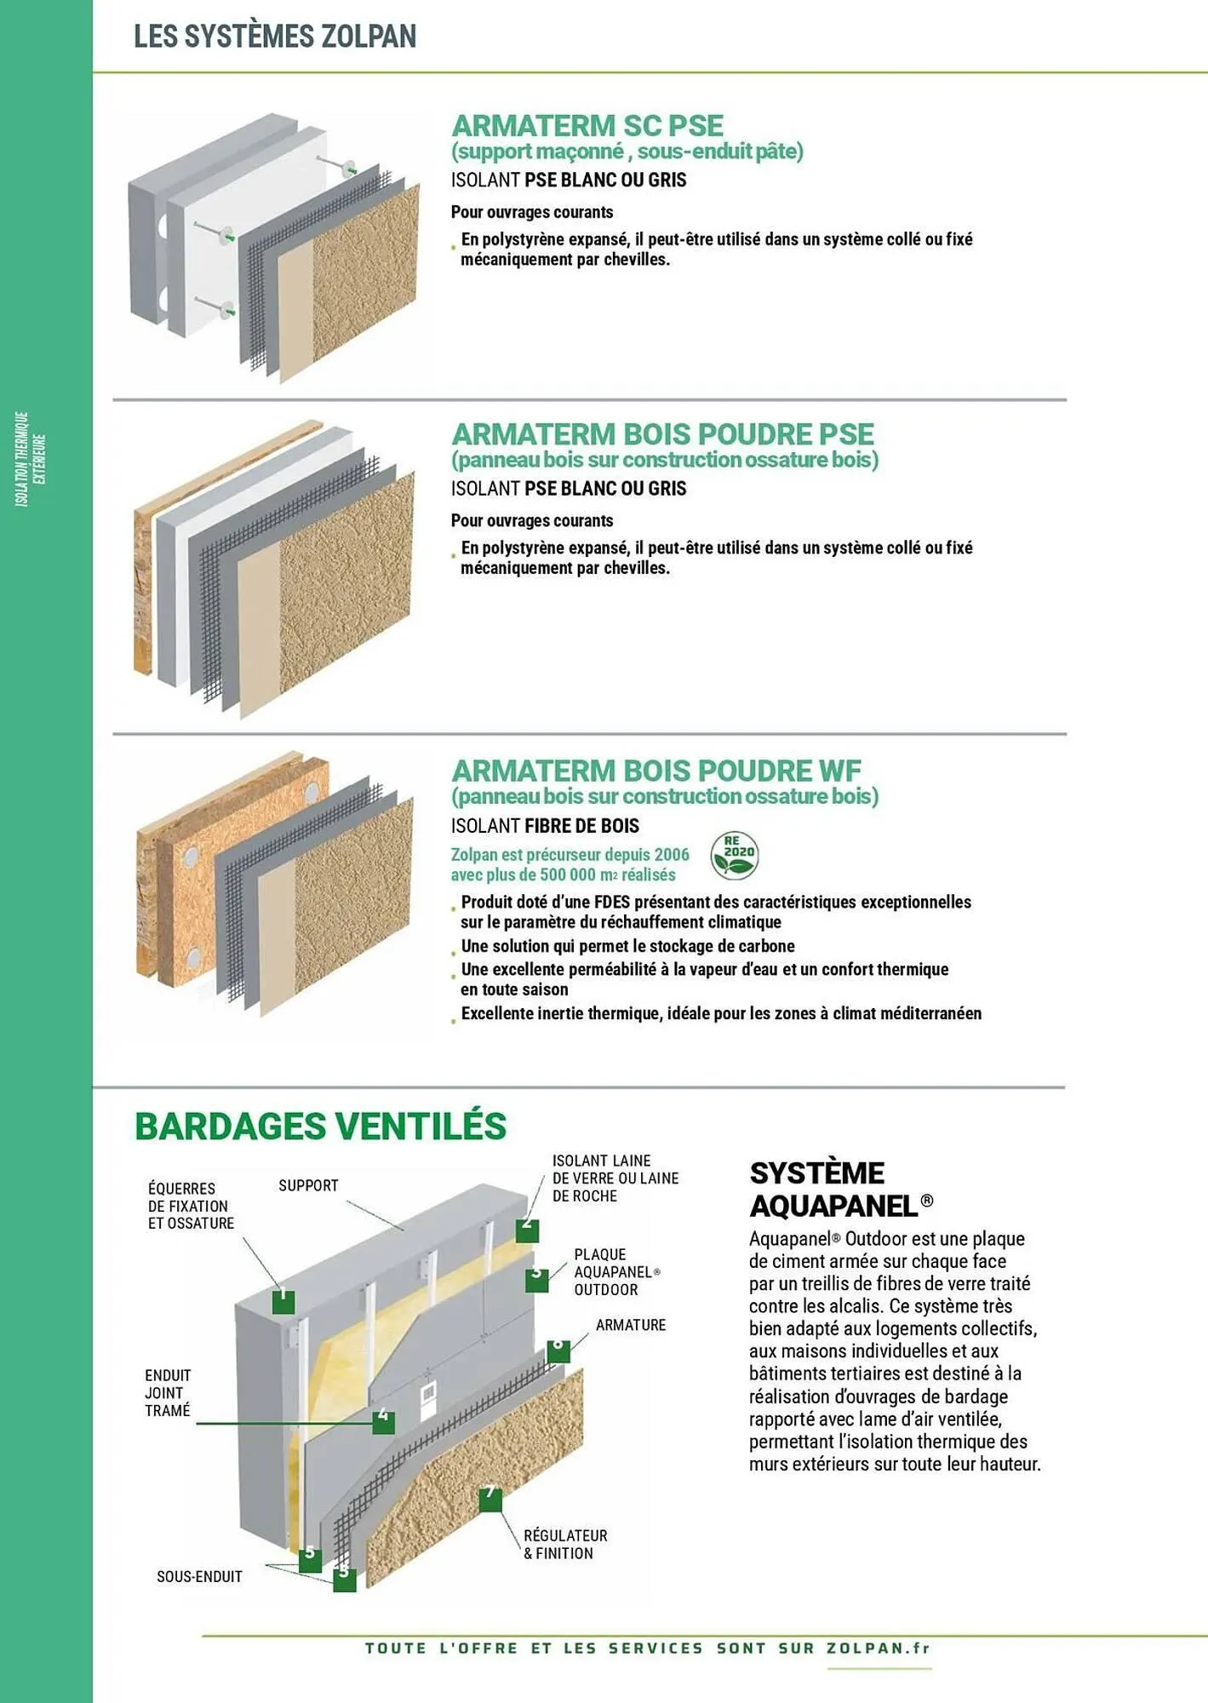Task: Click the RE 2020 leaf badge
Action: coord(734,855)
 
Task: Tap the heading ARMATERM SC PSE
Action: coord(587,125)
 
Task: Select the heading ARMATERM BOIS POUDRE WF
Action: coord(656,771)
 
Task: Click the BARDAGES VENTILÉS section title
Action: coord(320,1126)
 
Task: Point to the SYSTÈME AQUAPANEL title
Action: coord(841,1189)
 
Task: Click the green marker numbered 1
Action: coord(283,1301)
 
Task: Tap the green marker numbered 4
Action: coord(384,1421)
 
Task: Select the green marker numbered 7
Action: coord(490,1499)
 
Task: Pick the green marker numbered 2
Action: coord(527,1230)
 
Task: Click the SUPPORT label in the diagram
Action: coord(308,1185)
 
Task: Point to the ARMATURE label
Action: coord(631,1325)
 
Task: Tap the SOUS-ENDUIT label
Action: coord(199,1577)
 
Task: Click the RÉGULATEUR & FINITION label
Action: coord(565,1544)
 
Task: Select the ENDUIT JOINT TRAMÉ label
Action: coord(168,1393)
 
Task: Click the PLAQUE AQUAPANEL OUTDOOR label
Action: coord(616,1272)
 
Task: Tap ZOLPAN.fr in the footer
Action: coord(879,1648)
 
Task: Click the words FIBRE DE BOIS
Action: coord(581,826)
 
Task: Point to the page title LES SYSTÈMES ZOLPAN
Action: coord(275,36)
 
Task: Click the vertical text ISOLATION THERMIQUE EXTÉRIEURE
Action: coord(31,460)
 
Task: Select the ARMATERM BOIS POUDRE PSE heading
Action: coord(662,434)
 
